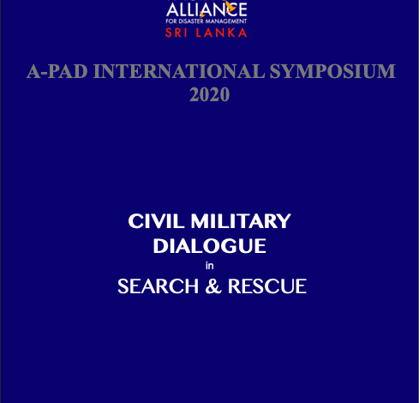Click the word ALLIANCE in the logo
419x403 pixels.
[x=207, y=9]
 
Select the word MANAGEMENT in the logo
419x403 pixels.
[x=226, y=21]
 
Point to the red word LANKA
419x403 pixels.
[x=221, y=33]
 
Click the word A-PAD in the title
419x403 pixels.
[x=57, y=71]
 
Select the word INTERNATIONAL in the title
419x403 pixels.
[x=179, y=71]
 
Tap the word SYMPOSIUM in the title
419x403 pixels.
[x=332, y=71]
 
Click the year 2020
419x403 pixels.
[x=209, y=94]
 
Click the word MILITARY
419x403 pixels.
[x=241, y=221]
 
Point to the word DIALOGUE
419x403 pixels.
[x=210, y=246]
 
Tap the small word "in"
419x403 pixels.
[x=210, y=266]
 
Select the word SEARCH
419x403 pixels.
[x=158, y=286]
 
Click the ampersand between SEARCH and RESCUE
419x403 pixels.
[x=213, y=286]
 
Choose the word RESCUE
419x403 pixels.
[x=267, y=286]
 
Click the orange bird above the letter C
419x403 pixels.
[x=230, y=7]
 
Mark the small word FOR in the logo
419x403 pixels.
[x=171, y=21]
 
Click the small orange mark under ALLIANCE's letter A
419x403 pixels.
[x=202, y=15]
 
